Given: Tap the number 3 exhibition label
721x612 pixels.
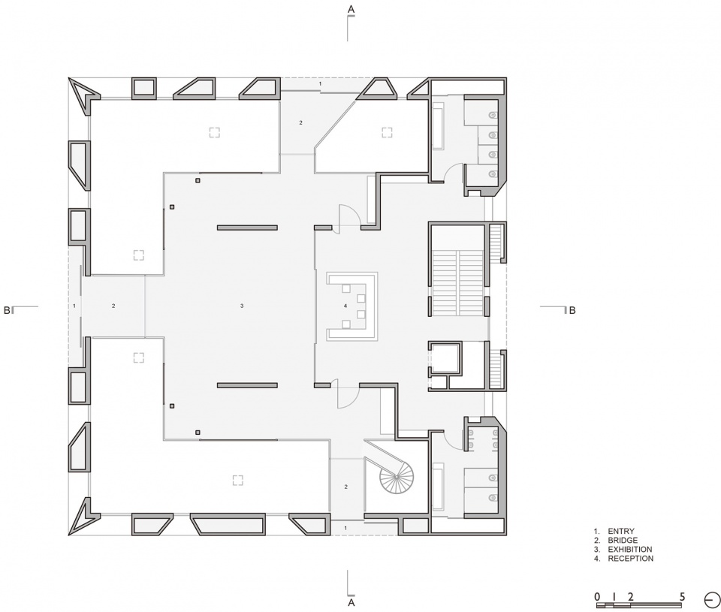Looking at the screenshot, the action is (x=242, y=306).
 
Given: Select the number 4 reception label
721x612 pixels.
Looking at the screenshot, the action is (x=345, y=306).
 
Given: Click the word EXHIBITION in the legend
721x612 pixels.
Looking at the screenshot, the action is (x=630, y=550).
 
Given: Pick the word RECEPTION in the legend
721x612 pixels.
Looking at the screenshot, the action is (x=630, y=559).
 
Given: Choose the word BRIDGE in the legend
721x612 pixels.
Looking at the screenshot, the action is (x=623, y=540).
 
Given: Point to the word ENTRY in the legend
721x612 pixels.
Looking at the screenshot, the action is (x=621, y=531).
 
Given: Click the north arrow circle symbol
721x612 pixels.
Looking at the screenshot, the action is (x=712, y=600).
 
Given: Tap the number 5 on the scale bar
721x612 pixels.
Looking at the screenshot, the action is (x=682, y=597).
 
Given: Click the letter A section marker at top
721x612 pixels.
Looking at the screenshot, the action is (x=351, y=9).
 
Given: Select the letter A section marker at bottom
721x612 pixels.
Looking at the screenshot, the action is (x=351, y=602).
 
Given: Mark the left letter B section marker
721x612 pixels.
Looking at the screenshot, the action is (x=7, y=310).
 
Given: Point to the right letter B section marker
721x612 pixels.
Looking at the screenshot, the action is (x=572, y=310).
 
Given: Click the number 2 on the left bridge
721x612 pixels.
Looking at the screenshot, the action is (x=113, y=306).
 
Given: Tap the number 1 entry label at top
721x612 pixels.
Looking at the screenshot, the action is (x=321, y=84).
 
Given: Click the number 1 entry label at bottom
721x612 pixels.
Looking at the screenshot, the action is (x=345, y=529).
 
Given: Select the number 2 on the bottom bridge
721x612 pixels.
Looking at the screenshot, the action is (x=345, y=487).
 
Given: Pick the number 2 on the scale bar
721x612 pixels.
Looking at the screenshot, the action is (x=630, y=597).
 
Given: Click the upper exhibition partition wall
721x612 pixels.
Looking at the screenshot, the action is (x=247, y=228).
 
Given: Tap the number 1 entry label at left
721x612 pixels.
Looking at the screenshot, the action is (x=74, y=306).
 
